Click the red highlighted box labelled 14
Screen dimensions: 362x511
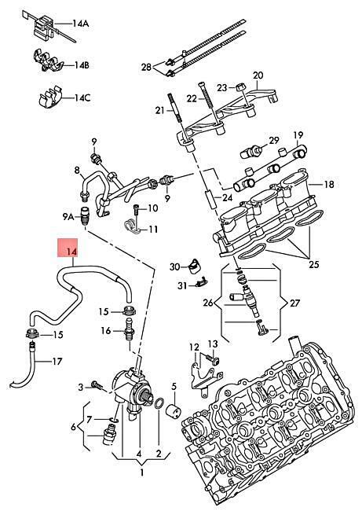click(68, 248)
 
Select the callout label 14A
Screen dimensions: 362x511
click(80, 24)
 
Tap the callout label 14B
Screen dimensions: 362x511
click(82, 65)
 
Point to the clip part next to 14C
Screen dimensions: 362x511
click(49, 96)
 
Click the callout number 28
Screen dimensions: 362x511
click(146, 67)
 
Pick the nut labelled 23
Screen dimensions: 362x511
click(240, 88)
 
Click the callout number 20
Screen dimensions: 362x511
click(258, 75)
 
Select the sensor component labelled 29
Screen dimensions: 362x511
click(251, 152)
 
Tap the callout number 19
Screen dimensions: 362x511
click(298, 134)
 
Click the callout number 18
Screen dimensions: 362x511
click(329, 185)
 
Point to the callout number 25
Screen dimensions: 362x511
click(314, 264)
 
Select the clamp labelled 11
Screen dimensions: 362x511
click(133, 226)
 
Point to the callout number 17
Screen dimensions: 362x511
click(57, 362)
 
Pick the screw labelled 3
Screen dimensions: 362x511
click(97, 385)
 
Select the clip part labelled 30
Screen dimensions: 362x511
click(195, 265)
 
